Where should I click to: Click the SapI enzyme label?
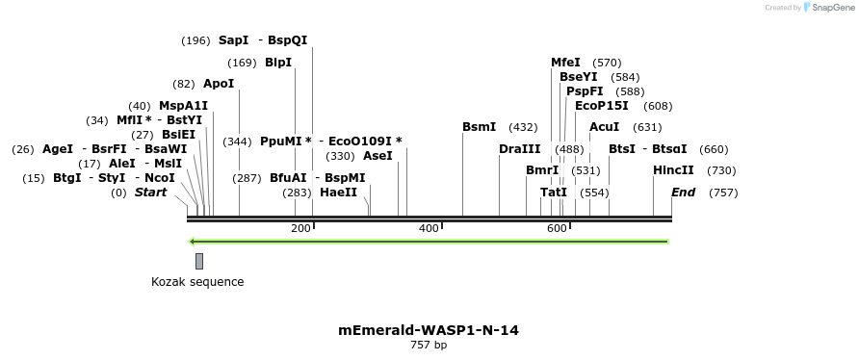[x=234, y=40]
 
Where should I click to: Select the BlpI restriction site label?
[x=278, y=63]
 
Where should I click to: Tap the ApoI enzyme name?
[x=219, y=84]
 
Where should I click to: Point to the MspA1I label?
[x=183, y=106]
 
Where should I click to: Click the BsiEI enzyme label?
[x=178, y=135]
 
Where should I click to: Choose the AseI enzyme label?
[x=377, y=156]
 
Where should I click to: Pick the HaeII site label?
[x=338, y=193]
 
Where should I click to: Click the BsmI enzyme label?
[x=479, y=127]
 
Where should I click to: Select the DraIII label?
[x=520, y=149]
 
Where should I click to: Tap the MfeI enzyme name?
[x=565, y=63]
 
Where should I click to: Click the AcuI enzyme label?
[x=604, y=127]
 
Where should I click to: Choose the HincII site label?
[x=673, y=170]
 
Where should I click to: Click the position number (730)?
[x=721, y=170]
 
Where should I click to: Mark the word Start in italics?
[x=150, y=193]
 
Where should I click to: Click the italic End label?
[x=683, y=193]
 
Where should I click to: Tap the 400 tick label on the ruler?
[x=428, y=228]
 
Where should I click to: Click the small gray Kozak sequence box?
[x=199, y=261]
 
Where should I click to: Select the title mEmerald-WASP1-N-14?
[x=429, y=330]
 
